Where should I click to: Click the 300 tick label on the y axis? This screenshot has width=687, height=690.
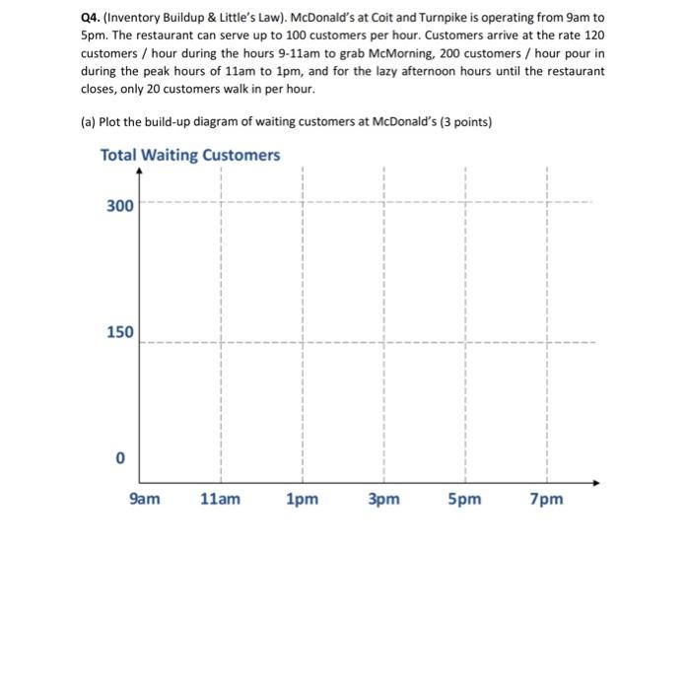[119, 205]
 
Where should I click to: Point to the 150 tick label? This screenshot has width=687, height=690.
[119, 332]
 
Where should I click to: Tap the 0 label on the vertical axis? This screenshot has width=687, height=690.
[119, 459]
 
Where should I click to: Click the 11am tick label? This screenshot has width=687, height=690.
[220, 499]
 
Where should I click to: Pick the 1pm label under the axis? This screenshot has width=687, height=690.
[302, 499]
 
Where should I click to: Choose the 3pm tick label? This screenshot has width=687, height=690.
[383, 499]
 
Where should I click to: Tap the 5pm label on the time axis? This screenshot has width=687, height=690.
[464, 499]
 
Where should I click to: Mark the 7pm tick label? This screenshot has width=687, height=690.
[546, 499]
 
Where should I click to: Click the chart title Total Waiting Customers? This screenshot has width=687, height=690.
[190, 156]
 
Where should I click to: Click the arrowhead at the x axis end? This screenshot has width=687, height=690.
[596, 483]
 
